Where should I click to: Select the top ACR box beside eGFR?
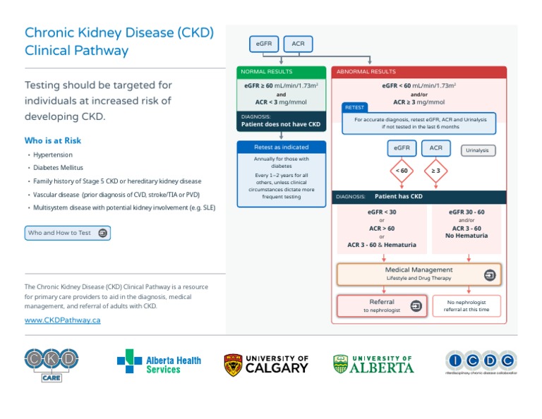click(298, 44)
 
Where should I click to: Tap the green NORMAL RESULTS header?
click(282, 72)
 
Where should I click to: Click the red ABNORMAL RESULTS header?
click(418, 72)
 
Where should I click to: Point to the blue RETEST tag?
click(354, 107)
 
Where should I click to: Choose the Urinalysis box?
click(478, 150)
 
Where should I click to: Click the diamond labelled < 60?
click(402, 171)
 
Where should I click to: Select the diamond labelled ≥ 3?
click(435, 171)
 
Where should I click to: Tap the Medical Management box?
click(418, 274)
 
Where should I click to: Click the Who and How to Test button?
click(67, 233)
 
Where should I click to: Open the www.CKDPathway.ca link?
click(62, 320)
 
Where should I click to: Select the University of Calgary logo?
click(266, 364)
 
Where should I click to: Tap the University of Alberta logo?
click(373, 364)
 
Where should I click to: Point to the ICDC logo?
click(480, 362)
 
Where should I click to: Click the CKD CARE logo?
click(52, 364)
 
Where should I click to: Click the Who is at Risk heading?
click(52, 140)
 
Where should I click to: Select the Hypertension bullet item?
click(52, 154)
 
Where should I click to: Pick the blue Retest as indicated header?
click(282, 147)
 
